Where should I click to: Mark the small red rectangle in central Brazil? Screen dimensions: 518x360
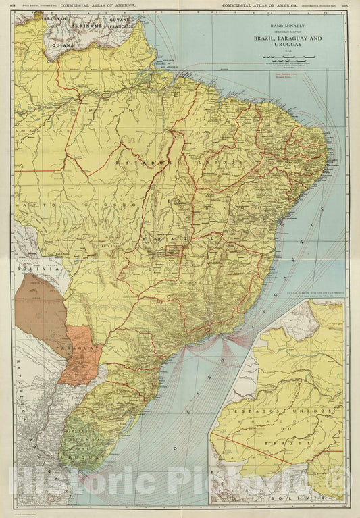tap(174, 252)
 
